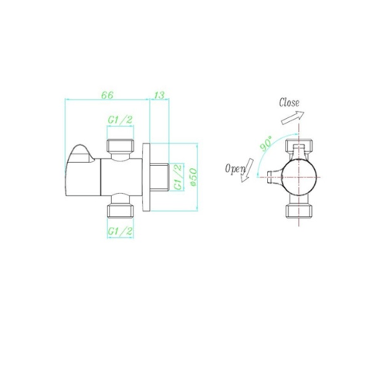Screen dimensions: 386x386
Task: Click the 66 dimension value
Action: (107, 95)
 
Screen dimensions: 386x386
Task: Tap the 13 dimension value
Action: (159, 95)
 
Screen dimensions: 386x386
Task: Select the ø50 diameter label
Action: (194, 177)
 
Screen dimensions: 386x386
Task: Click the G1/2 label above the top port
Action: (120, 120)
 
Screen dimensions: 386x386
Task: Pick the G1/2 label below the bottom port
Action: (120, 232)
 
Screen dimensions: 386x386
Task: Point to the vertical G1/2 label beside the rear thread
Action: (178, 177)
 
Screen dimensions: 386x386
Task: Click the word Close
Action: (289, 103)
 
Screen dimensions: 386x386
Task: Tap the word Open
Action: (235, 169)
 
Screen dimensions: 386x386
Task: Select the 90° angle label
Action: (266, 144)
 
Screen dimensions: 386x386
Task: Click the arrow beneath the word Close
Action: (293, 118)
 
